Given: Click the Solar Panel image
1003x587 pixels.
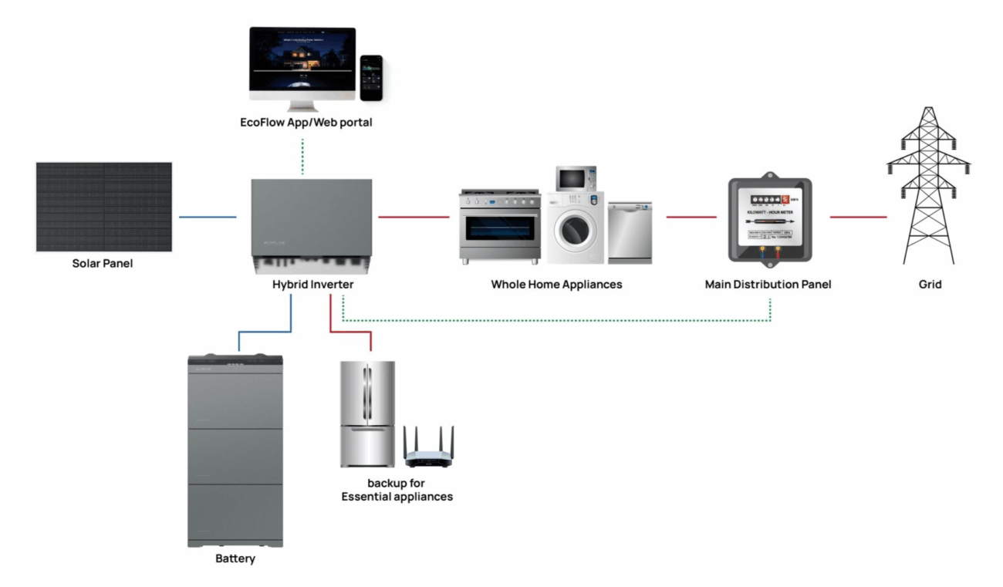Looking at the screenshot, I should pos(104,207).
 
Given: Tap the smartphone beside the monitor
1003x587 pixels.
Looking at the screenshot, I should pos(372,77).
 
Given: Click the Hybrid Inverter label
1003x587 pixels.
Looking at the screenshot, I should pos(312,285).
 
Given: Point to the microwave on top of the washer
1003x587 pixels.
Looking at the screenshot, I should pos(576,179).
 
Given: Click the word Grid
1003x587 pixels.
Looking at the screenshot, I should pos(930,285).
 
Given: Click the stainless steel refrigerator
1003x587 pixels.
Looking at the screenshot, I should pos(368,413).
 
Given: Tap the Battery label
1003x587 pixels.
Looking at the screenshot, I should pos(235,558).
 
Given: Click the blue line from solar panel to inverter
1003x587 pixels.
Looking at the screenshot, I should pos(208,218).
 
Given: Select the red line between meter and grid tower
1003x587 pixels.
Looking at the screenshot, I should pos(858,218).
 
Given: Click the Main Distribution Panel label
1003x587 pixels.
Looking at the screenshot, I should pos(768,285).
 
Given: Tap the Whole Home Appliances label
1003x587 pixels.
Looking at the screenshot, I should pos(556,285).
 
